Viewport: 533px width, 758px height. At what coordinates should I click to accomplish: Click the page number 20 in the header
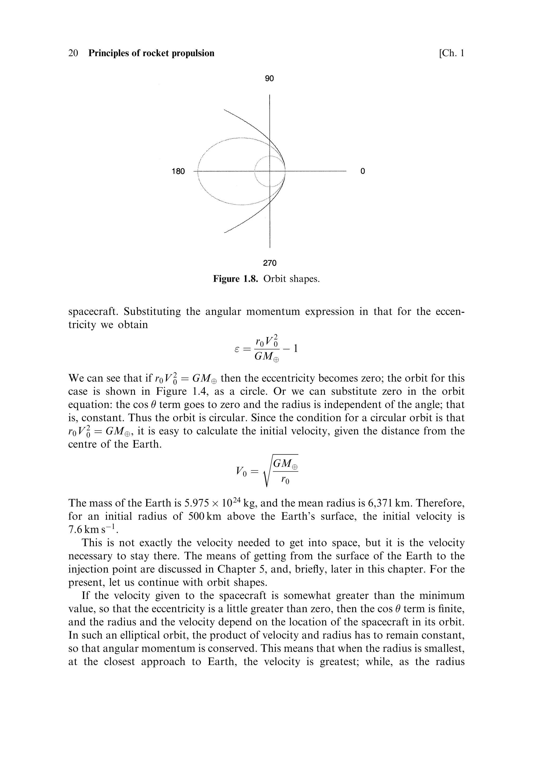coord(73,53)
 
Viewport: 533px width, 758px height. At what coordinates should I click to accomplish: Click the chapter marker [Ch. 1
coord(451,53)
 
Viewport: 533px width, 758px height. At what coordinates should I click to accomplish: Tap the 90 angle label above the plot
coord(269,79)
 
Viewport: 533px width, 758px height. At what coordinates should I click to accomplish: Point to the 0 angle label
coord(363,171)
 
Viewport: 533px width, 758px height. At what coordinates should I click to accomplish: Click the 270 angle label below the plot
coord(270,263)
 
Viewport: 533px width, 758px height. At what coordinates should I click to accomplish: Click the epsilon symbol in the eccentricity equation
coord(236,349)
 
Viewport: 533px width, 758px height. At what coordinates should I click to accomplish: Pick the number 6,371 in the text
coord(381,503)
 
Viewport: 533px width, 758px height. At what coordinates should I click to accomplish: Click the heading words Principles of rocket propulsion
coord(151,53)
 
